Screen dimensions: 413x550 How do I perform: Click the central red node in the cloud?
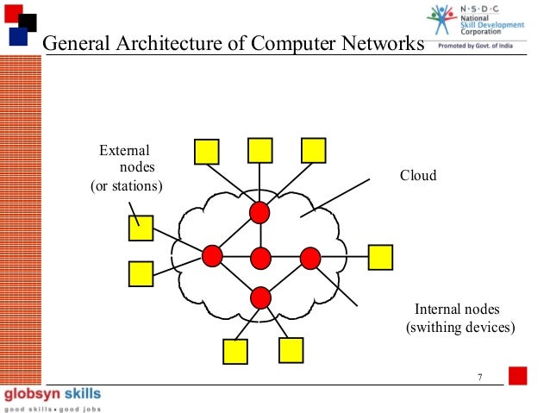point(260,257)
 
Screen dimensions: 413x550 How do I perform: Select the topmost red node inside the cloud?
point(259,211)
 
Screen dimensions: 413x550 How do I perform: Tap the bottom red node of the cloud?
point(260,297)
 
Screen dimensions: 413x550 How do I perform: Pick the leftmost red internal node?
point(212,255)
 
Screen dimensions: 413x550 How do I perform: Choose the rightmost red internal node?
point(309,257)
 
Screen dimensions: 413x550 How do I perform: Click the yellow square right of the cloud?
point(380,257)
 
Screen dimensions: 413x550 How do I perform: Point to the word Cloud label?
point(418,176)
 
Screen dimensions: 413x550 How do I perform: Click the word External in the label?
point(124,151)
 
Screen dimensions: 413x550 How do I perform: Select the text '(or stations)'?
point(127,186)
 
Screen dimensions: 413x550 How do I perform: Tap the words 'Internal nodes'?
point(457,310)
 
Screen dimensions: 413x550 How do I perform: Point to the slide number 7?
point(478,377)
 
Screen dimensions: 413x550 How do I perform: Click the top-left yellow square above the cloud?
point(206,152)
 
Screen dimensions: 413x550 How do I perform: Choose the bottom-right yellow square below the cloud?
point(291,349)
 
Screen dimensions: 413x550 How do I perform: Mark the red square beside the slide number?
point(517,377)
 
